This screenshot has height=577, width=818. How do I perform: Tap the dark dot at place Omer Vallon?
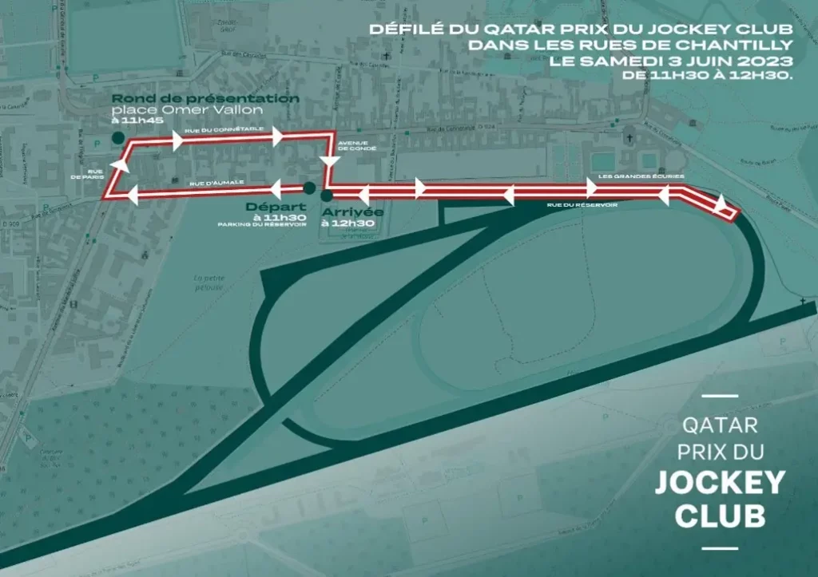118,137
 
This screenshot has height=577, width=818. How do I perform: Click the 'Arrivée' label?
351,212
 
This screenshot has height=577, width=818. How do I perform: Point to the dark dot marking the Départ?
308,188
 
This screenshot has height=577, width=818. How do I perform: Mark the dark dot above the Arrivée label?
326,195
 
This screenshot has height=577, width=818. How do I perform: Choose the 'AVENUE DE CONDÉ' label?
352,147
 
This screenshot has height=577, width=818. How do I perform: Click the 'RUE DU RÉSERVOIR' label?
582,205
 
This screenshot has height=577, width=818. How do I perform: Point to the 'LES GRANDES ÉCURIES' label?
641,176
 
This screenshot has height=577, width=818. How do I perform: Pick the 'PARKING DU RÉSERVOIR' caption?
262,225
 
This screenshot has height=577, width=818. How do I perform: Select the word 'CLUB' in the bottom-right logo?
720,515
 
